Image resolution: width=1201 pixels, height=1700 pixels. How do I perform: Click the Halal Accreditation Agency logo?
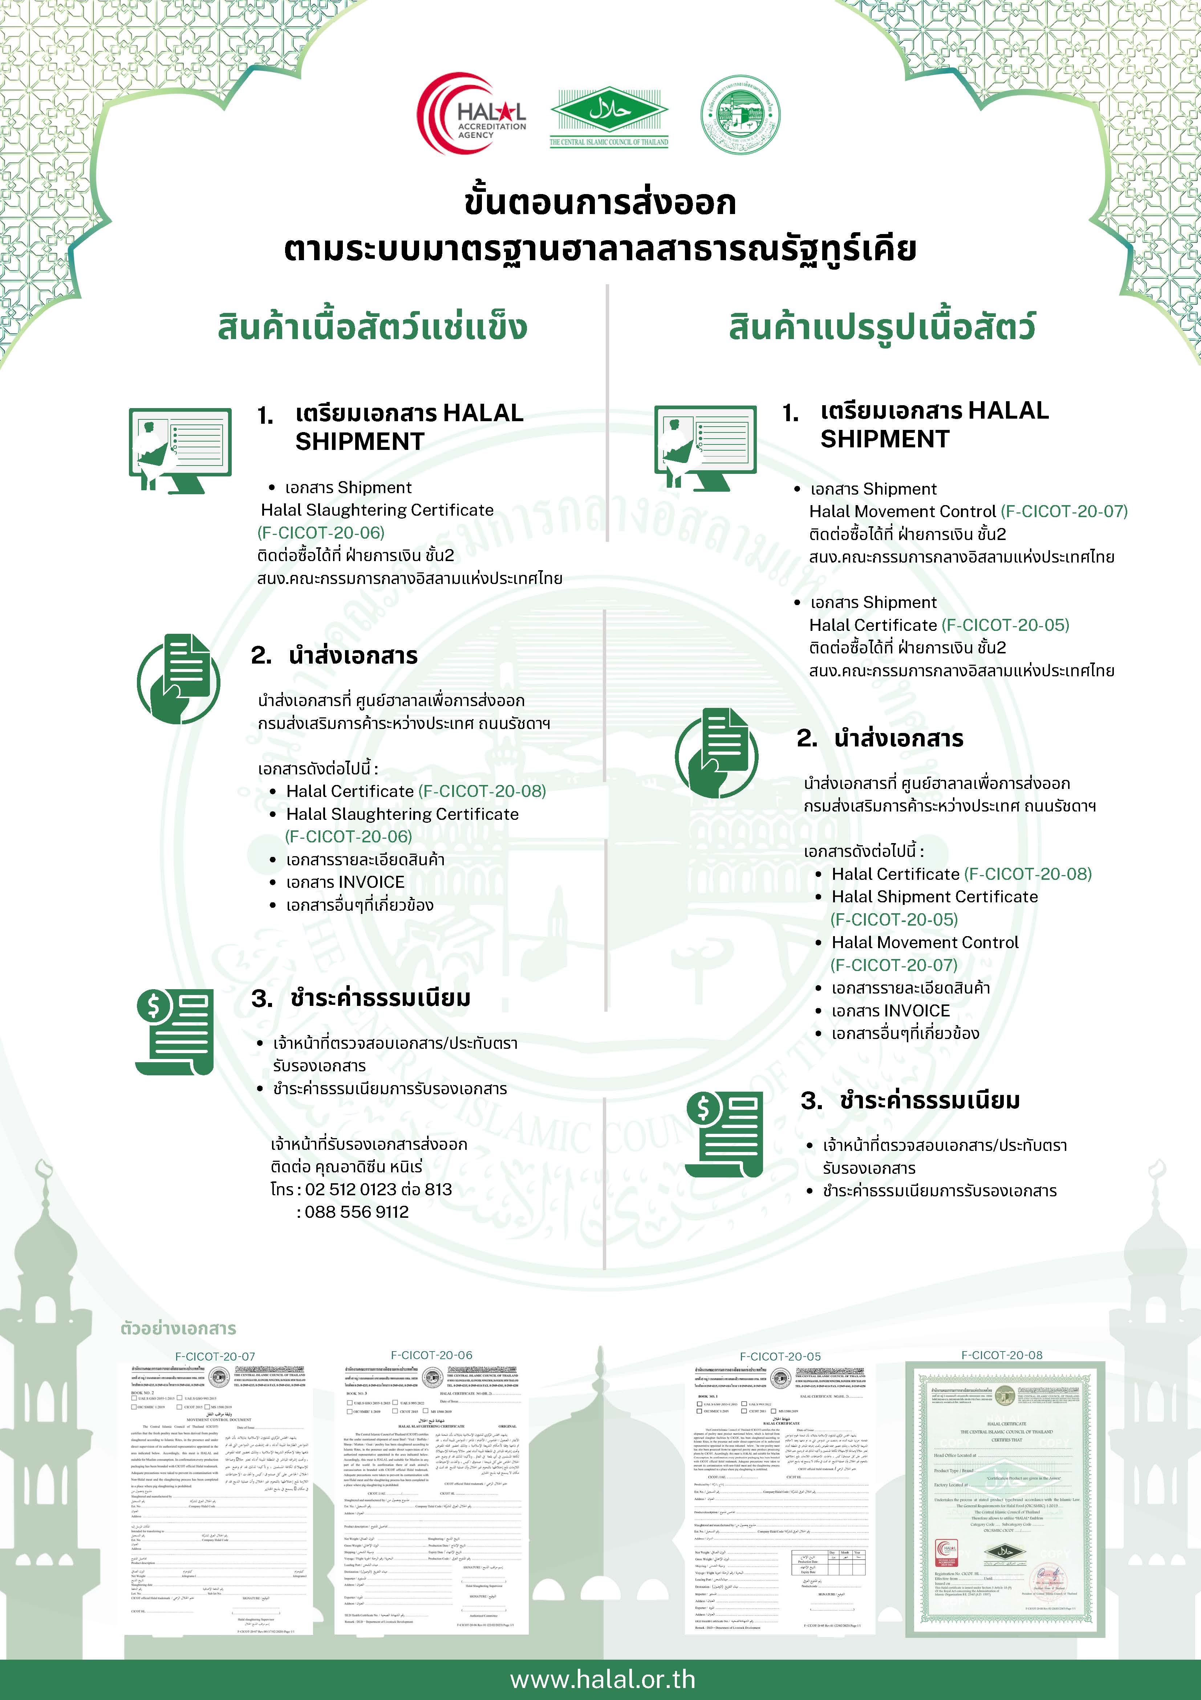[471, 114]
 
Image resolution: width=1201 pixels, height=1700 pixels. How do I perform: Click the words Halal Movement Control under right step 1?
[902, 512]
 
